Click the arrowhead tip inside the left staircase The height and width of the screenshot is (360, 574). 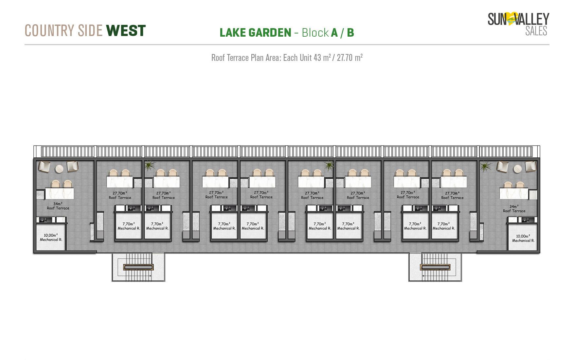[x=151, y=276]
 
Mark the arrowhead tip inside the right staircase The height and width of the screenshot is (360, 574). [x=423, y=276]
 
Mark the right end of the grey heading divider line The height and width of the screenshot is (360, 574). [x=549, y=44]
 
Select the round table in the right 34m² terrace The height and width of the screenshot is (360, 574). [x=517, y=169]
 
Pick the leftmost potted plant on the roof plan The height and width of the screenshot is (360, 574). [x=150, y=165]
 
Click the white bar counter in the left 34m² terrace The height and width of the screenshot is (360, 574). [x=60, y=193]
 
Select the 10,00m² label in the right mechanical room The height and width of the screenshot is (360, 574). [x=523, y=236]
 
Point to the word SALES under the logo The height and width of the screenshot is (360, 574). [x=536, y=31]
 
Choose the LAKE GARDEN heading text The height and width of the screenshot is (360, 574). [x=255, y=33]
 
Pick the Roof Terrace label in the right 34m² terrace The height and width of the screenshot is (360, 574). [x=514, y=211]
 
